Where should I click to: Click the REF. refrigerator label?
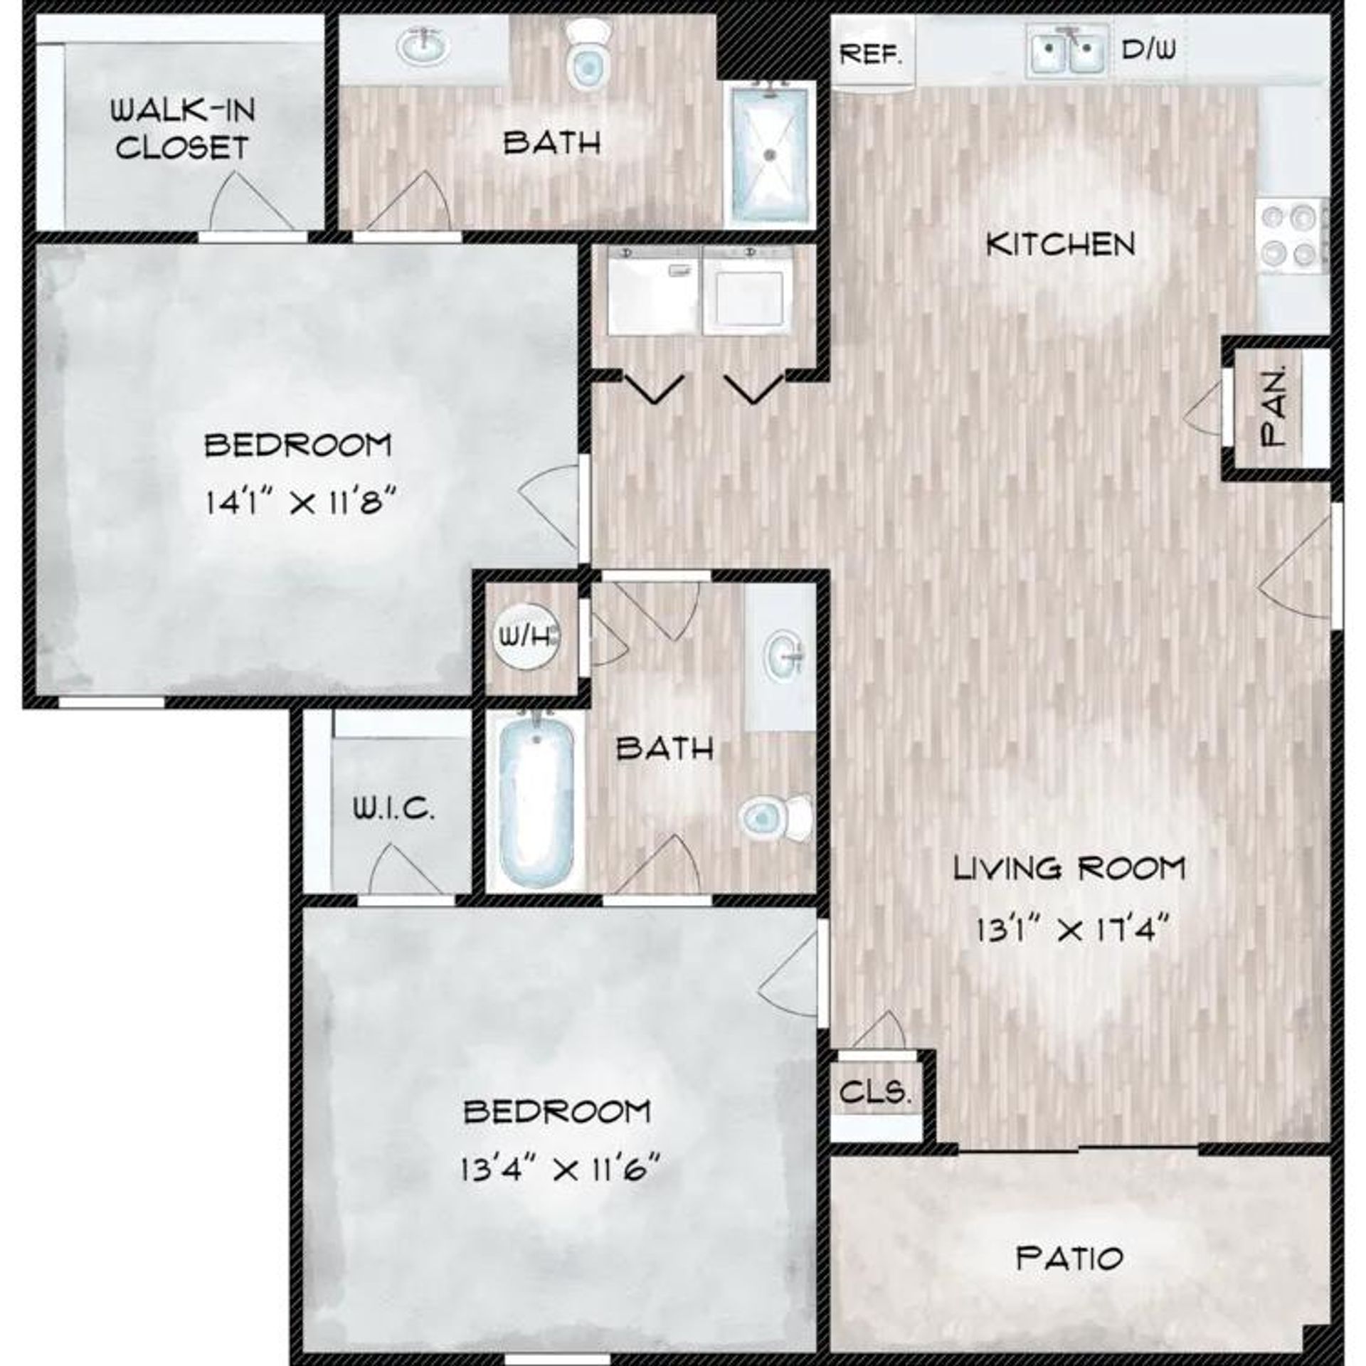tap(871, 54)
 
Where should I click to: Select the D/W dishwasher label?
tap(1148, 49)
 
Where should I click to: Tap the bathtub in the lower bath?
tap(536, 800)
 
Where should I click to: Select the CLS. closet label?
tap(875, 1091)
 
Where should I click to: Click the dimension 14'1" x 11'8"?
tap(300, 503)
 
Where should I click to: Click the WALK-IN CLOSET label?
tap(183, 129)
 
